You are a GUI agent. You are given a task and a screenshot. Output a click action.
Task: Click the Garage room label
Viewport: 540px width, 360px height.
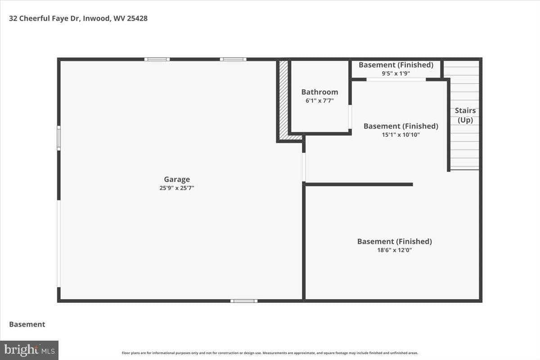pos(177,180)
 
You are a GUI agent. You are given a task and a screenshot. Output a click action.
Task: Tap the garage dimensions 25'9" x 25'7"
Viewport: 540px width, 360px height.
pos(177,188)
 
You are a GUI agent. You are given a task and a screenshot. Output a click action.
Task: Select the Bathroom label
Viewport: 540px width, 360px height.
pos(319,92)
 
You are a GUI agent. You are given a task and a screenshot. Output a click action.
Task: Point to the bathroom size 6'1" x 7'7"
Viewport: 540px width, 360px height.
pos(319,100)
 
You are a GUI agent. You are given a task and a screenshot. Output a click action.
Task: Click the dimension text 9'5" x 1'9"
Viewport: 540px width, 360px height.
pos(396,73)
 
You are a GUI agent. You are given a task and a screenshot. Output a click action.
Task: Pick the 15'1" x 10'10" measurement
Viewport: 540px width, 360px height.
pos(400,135)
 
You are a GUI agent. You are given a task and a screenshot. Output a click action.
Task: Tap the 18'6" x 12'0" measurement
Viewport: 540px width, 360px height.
pos(394,250)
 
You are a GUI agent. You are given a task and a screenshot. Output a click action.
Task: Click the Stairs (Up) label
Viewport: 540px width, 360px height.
pos(465,115)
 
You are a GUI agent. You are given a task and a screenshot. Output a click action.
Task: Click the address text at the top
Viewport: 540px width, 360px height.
pos(78,18)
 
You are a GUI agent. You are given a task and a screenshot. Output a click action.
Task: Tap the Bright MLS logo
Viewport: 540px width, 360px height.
pos(29,350)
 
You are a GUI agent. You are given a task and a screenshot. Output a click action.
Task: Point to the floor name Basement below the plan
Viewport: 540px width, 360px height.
pos(27,324)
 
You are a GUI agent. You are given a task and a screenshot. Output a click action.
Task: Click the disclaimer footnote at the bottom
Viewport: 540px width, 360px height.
pos(270,353)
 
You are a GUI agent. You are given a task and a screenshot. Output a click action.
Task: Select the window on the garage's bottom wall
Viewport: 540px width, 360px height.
pos(244,301)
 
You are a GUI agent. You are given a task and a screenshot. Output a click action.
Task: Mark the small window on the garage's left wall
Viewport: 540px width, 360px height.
pos(58,138)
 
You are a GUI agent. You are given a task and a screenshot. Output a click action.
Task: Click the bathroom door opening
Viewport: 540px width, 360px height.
pos(350,117)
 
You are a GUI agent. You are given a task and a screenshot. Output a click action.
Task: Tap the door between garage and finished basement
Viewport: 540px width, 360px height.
pos(304,167)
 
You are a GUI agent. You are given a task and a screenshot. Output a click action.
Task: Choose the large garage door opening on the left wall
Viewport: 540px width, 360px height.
pos(58,243)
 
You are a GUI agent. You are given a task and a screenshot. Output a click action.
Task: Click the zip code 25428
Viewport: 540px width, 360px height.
pos(137,18)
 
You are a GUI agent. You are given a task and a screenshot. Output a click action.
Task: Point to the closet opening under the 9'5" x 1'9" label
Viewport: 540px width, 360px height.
pos(396,79)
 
